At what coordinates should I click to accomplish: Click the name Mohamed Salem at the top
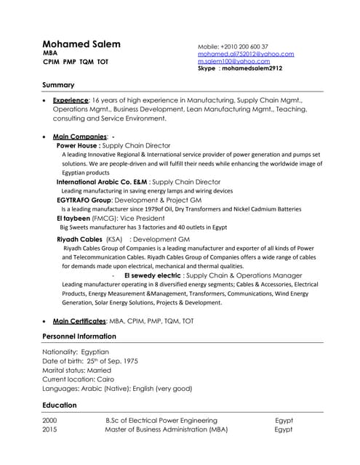(81, 44)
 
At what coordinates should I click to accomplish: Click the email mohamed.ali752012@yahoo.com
(246, 54)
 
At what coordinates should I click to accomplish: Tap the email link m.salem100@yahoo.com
(233, 61)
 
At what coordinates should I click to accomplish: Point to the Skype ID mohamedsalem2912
(251, 68)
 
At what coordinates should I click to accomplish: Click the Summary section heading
(58, 85)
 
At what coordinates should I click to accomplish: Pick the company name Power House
(78, 145)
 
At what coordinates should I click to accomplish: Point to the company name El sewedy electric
(153, 275)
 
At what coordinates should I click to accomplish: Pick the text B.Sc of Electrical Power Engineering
(161, 420)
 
